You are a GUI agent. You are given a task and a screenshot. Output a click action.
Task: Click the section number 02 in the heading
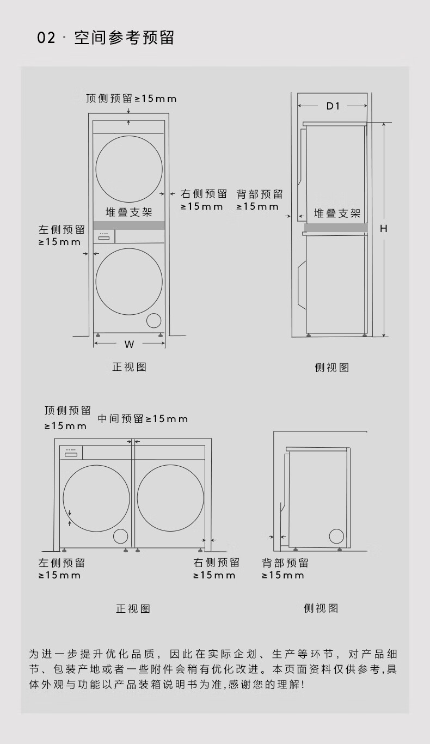[46, 38]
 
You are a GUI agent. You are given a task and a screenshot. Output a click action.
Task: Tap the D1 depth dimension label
[333, 106]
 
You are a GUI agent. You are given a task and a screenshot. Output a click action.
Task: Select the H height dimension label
[383, 229]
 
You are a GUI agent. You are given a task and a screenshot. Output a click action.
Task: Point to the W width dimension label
[129, 344]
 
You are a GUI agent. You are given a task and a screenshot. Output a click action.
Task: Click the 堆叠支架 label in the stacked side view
[337, 214]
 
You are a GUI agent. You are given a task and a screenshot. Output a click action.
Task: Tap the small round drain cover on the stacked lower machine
[155, 321]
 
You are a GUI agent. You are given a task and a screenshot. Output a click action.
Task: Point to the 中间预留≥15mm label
[143, 419]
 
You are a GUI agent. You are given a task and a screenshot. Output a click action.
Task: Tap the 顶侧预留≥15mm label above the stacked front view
[131, 99]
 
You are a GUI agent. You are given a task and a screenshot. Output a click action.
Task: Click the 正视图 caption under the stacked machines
[129, 367]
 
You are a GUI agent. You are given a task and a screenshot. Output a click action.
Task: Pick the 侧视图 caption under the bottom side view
[321, 608]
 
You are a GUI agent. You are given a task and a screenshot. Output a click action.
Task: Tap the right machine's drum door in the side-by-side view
[170, 498]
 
